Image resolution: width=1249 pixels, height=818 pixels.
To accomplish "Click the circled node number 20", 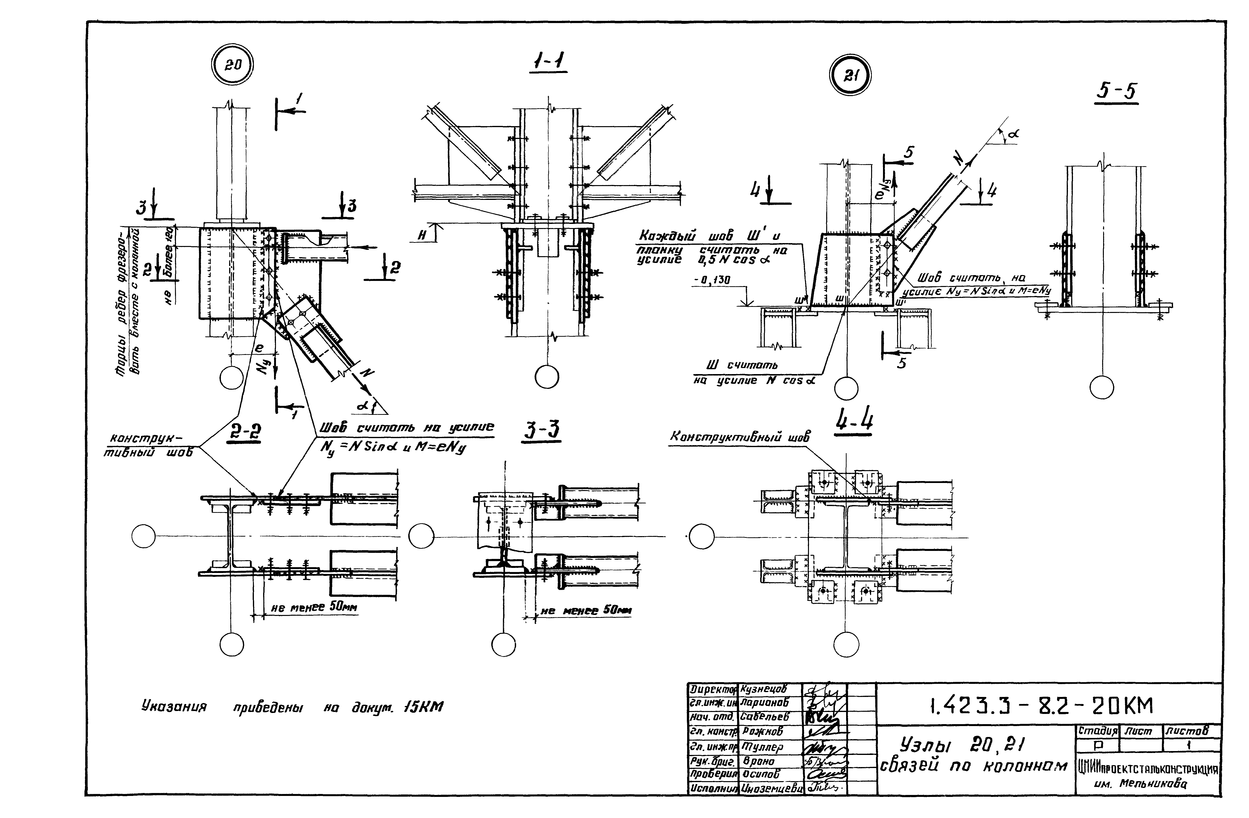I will [x=233, y=65].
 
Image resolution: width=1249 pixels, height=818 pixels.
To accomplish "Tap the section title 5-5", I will [x=1116, y=92].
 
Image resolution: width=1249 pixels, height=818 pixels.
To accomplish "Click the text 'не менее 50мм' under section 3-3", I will [x=586, y=610].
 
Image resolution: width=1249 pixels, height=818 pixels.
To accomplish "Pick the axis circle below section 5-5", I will [x=1101, y=387].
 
